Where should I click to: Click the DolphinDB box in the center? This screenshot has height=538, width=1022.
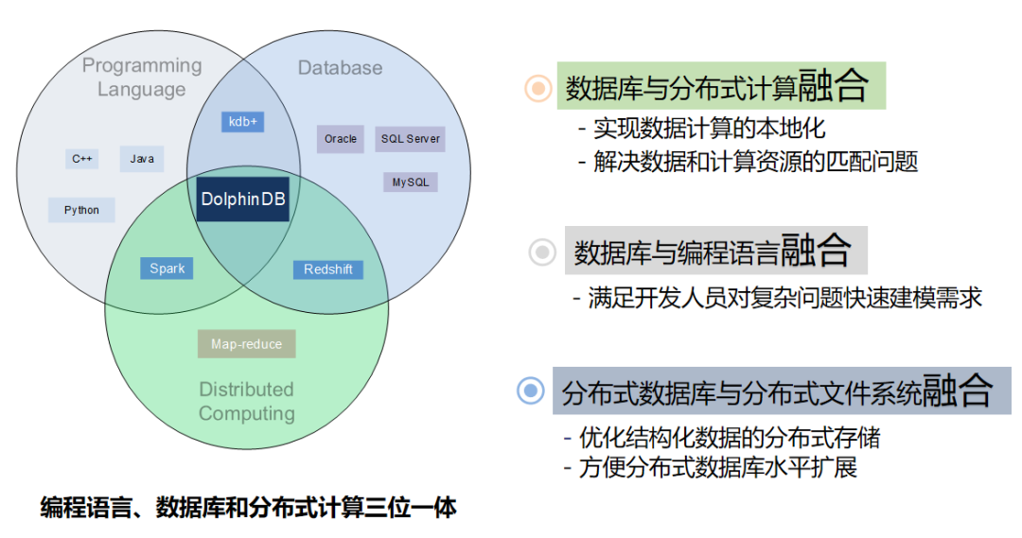[243, 200]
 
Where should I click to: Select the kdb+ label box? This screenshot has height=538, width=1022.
[242, 122]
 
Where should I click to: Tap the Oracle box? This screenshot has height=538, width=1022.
[341, 139]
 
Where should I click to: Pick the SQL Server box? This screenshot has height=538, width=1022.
[410, 139]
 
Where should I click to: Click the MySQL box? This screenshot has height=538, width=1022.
[411, 182]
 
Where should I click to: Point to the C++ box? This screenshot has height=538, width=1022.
[82, 159]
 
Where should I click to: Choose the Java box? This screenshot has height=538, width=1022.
[141, 159]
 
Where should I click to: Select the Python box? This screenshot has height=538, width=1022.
[81, 211]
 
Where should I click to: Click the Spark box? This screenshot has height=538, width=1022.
[167, 269]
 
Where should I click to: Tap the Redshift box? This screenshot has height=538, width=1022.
[327, 269]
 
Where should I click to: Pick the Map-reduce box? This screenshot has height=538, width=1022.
[246, 344]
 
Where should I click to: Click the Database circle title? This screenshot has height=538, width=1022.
[341, 68]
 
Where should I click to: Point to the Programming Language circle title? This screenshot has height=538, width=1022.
[142, 77]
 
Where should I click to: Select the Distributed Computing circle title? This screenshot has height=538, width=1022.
[246, 401]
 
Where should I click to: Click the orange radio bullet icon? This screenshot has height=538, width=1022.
[538, 87]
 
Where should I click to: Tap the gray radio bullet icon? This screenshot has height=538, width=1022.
[542, 252]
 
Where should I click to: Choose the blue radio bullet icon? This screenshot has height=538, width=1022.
[531, 390]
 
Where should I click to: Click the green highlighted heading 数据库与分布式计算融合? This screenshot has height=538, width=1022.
[721, 85]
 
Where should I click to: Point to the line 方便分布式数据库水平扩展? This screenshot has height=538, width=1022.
[711, 468]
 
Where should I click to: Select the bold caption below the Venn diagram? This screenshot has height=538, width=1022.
[248, 508]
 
